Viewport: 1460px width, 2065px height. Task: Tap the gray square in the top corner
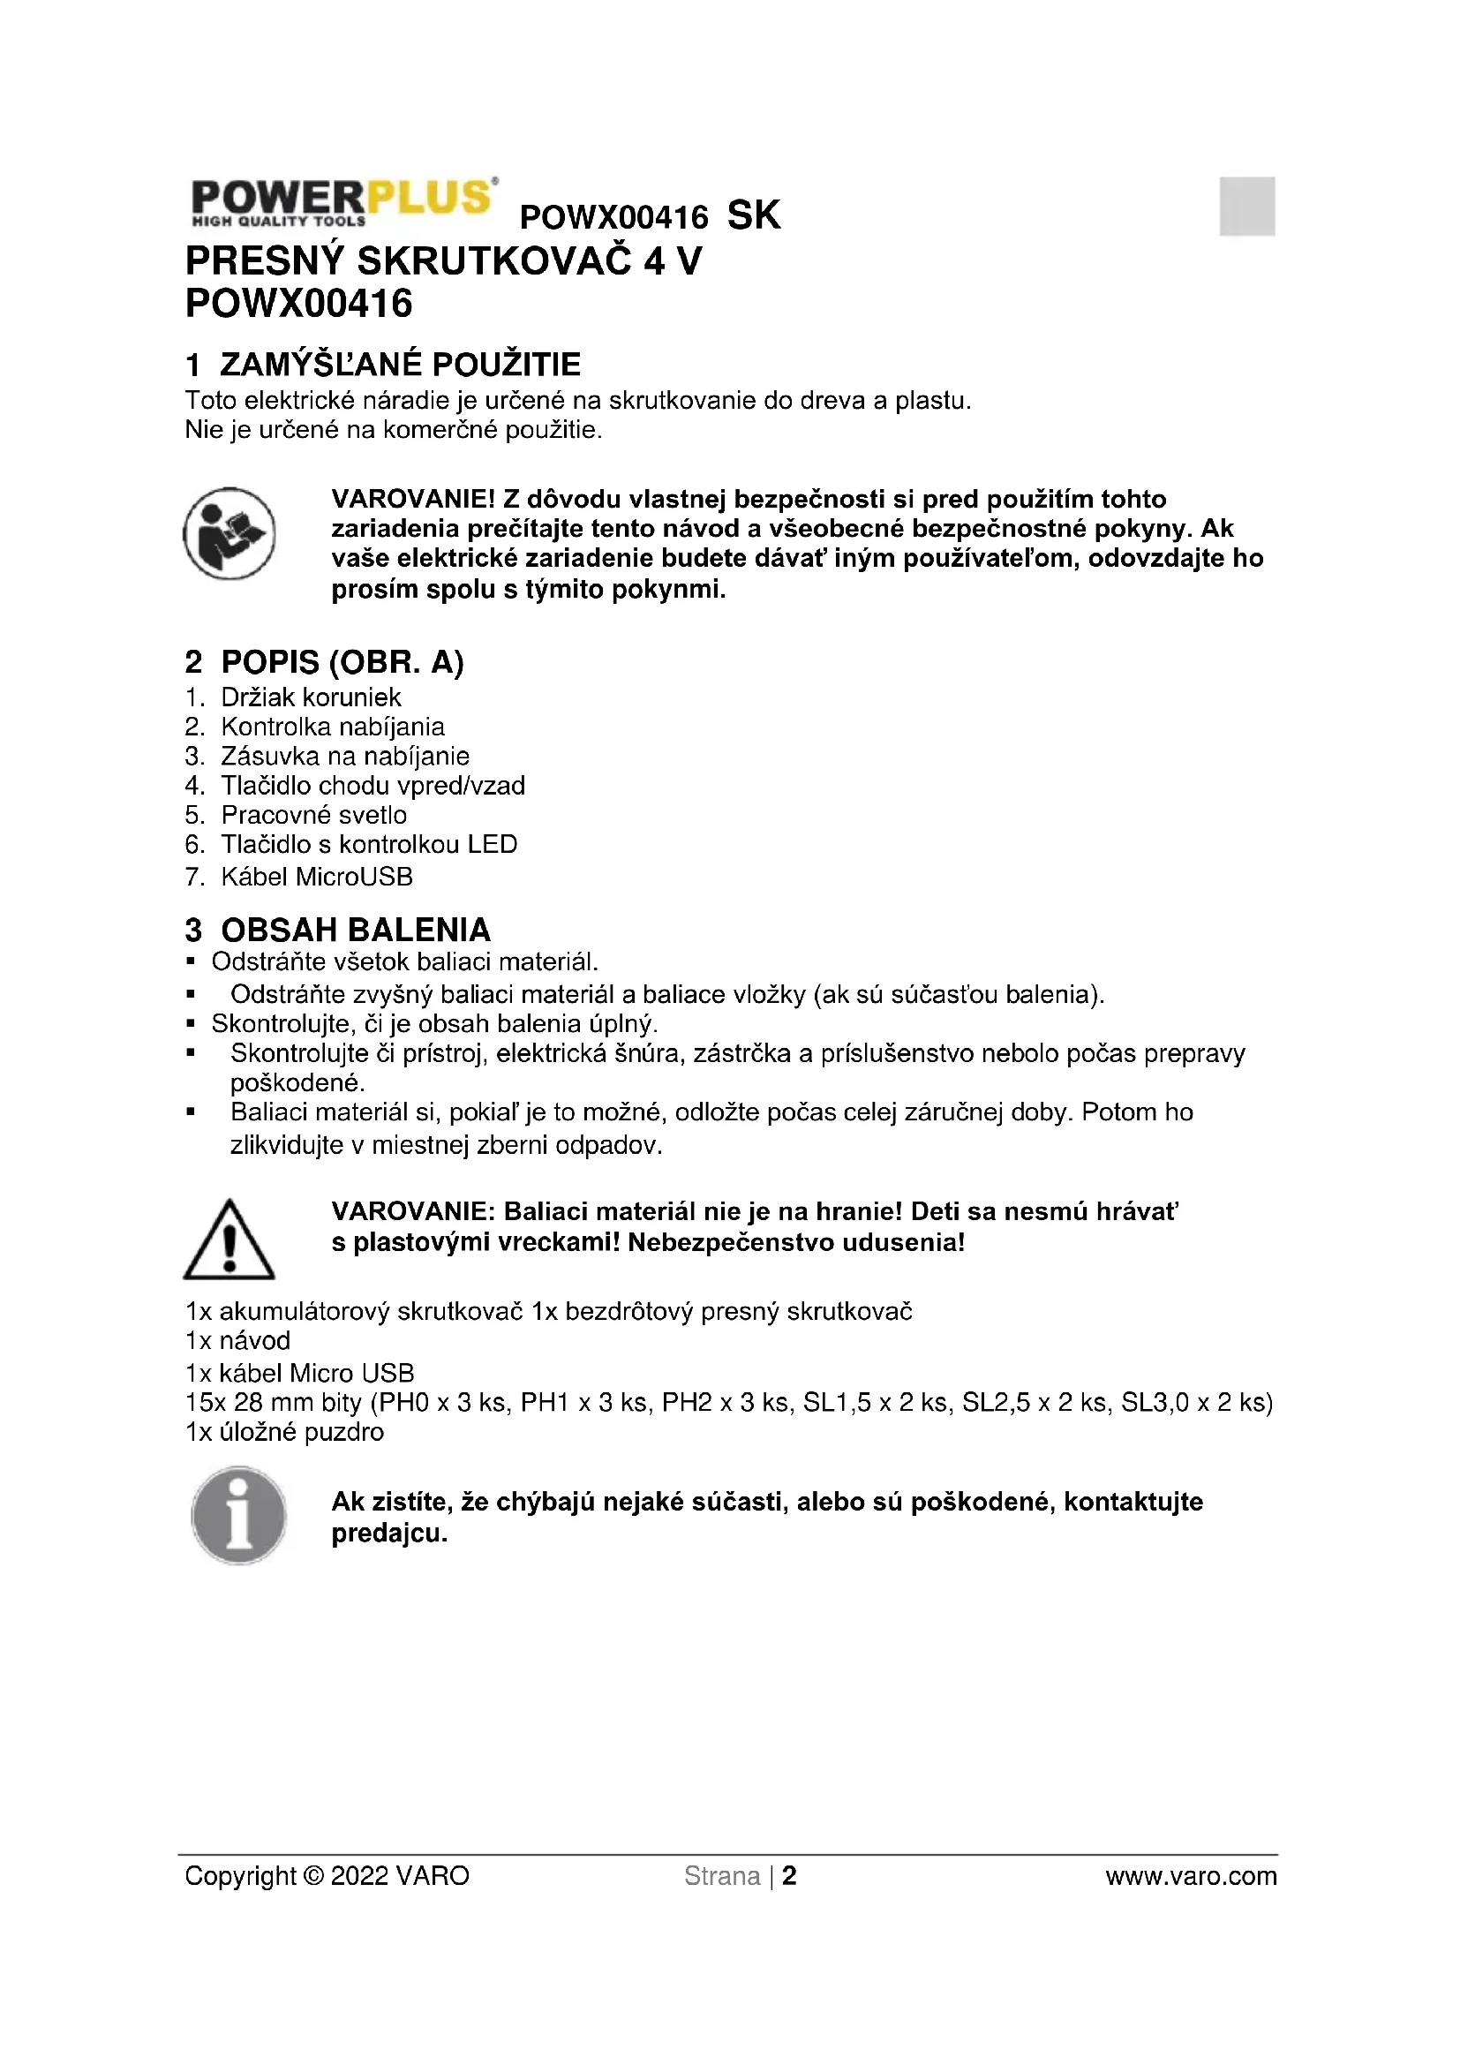point(1246,206)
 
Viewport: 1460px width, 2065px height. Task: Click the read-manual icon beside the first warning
point(230,533)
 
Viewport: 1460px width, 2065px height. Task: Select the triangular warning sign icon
point(230,1240)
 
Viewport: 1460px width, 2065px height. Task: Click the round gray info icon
point(239,1516)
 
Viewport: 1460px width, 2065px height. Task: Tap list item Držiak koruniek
point(311,697)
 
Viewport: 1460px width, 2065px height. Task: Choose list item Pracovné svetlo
point(313,815)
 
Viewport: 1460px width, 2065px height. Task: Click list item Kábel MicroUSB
point(317,877)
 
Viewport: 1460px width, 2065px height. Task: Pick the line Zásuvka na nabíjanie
point(345,757)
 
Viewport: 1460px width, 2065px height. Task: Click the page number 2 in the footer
point(789,1876)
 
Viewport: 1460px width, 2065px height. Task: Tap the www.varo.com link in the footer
point(1190,1876)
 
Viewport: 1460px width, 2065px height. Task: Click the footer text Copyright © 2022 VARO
point(327,1876)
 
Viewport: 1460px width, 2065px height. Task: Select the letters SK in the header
point(753,215)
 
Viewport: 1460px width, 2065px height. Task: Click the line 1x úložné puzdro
point(285,1432)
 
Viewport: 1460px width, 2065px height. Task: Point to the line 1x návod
point(238,1341)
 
